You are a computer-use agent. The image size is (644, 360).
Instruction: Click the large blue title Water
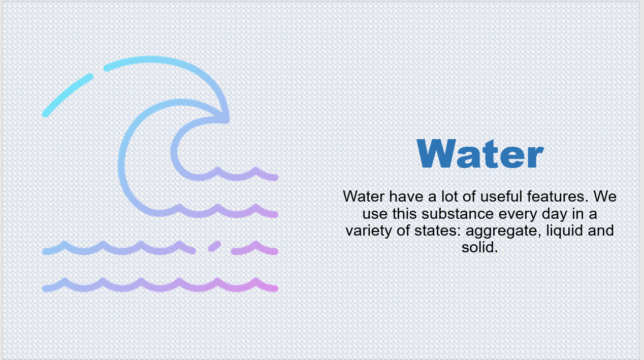point(480,153)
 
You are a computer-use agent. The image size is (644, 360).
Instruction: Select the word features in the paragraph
point(556,197)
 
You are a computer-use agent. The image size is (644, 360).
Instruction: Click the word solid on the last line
point(479,247)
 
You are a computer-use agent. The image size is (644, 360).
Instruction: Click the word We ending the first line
point(605,197)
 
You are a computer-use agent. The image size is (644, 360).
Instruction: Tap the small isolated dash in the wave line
point(214,246)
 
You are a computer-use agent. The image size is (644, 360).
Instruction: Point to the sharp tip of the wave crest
point(227,120)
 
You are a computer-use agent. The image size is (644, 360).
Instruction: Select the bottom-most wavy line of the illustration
point(160,285)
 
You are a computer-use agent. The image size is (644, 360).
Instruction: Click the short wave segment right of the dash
point(255,248)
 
